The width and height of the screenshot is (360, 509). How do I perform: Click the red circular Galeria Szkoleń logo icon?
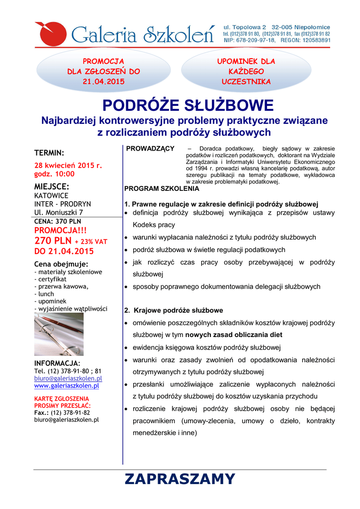pos(49,33)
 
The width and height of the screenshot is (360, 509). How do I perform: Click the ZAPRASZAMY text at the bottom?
pos(180,479)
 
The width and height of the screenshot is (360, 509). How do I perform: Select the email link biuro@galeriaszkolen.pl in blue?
pos(68,378)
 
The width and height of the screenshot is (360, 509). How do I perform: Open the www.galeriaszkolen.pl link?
pos(67,386)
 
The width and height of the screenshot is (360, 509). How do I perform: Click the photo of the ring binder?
pos(59,334)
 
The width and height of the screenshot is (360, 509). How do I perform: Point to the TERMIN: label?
pos(49,153)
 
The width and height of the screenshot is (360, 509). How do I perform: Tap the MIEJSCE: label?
pos(52,186)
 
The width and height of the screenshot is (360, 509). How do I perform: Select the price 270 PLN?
pos(53,241)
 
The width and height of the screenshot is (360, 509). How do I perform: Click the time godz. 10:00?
pos(54,174)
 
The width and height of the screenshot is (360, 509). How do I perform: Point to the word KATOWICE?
pos(51,196)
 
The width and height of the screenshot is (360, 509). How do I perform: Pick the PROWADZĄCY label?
pos(150,149)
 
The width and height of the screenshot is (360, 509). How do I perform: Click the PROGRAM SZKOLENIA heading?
pos(162,189)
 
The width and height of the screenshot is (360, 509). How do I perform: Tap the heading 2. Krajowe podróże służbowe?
pos(174,311)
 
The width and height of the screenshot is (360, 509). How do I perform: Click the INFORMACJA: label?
pos(57,363)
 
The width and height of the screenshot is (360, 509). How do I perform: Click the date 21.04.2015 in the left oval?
pos(103,81)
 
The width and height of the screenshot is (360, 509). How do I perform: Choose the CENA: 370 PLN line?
pos(58,221)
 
